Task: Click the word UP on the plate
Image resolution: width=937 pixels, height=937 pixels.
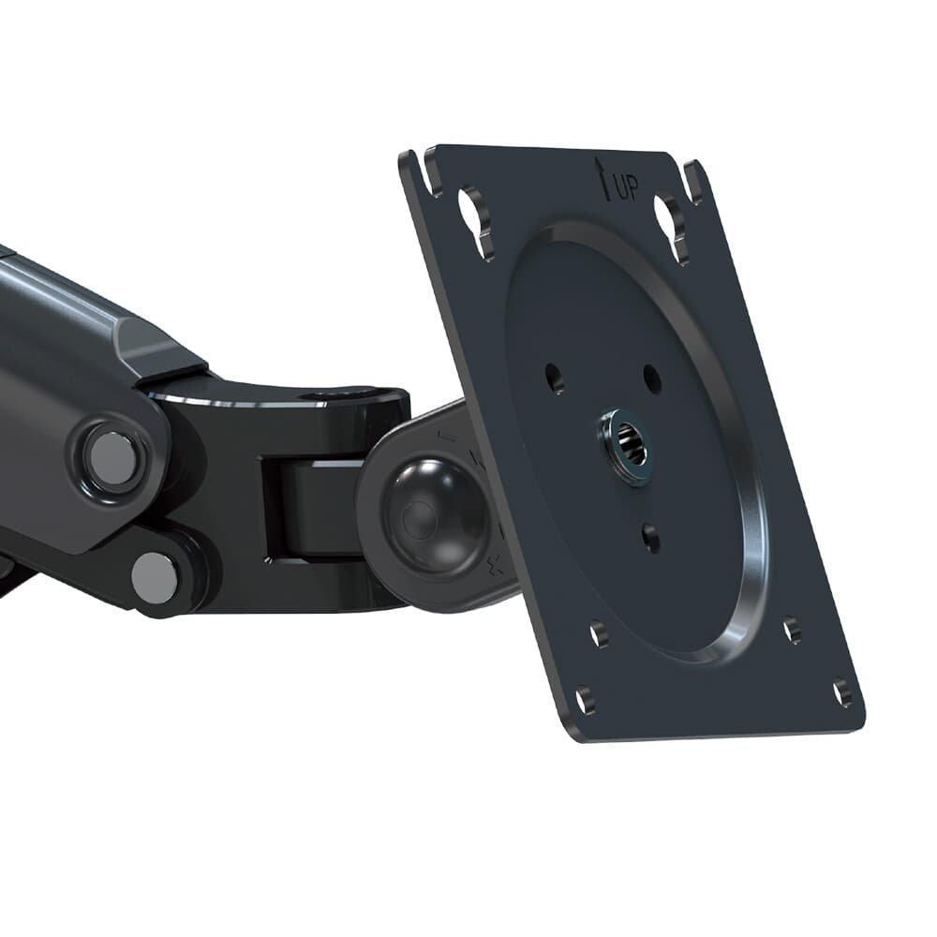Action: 626,190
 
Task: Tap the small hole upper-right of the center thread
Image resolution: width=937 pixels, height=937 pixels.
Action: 653,379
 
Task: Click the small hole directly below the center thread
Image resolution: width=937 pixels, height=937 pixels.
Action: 651,537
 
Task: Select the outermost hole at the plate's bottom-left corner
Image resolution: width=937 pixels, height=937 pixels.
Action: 585,699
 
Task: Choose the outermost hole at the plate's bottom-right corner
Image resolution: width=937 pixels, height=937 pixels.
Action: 842,692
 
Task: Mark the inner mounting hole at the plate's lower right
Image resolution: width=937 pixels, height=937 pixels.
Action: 793,630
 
